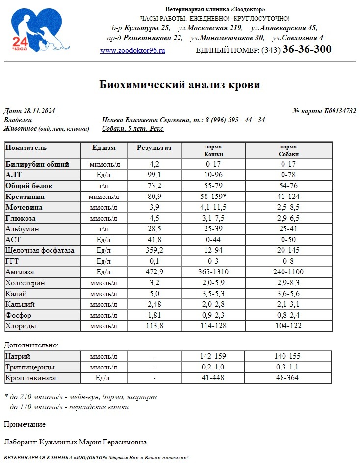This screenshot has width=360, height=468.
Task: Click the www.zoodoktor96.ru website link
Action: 132,50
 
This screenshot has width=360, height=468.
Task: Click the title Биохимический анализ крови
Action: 180,85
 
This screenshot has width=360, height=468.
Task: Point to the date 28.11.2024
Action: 39,111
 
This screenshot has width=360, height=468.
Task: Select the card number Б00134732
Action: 340,111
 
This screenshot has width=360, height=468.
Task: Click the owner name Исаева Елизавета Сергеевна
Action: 146,120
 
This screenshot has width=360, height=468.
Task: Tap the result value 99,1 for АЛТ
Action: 155,175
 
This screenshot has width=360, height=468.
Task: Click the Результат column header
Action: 154,148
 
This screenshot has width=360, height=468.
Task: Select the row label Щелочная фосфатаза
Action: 40,250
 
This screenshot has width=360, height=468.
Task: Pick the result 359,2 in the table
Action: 155,250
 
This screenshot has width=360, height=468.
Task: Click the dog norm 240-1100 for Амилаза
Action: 288,272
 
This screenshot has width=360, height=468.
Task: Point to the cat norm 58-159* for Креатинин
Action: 213,197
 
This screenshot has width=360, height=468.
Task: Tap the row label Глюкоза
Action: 21,218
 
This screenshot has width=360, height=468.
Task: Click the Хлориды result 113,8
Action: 155,326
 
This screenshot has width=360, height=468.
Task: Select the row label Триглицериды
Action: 30,367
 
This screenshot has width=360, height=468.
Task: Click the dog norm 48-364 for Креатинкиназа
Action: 288,378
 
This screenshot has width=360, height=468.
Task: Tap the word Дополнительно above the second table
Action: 31,345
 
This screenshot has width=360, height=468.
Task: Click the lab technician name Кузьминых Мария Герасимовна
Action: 104,442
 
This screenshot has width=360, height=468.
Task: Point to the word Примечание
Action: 25,424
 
